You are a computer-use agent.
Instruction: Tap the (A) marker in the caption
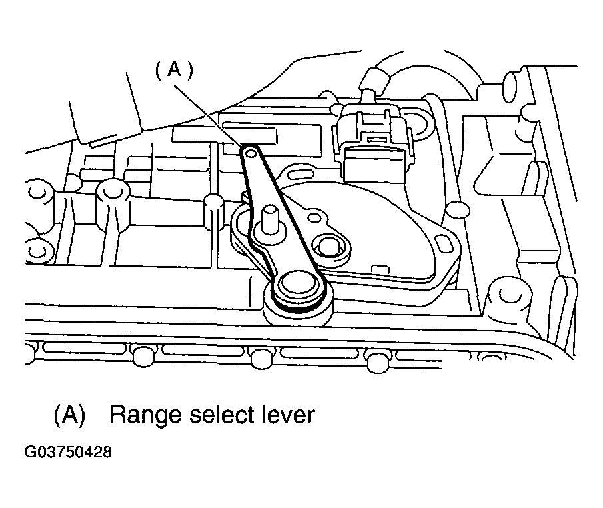(x=69, y=415)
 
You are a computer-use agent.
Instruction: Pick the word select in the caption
(x=217, y=415)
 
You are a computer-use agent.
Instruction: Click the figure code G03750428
(x=68, y=452)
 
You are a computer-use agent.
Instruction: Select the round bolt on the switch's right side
(x=329, y=247)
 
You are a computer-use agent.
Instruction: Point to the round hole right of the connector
(x=419, y=122)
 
